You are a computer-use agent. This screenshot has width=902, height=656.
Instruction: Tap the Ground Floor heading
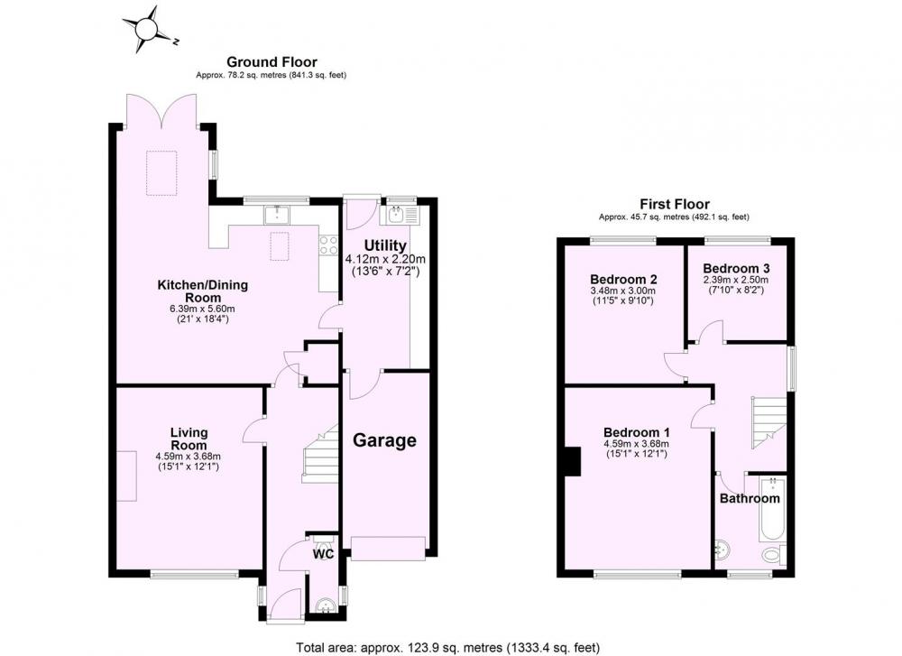coord(272,61)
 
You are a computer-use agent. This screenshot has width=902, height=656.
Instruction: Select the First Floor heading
coord(674,204)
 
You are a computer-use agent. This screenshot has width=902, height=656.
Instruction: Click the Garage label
coord(384,440)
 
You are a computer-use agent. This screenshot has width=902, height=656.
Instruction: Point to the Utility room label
coord(385,245)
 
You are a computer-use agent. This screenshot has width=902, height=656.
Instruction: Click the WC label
coord(323,554)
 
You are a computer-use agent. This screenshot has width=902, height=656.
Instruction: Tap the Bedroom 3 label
coord(736,268)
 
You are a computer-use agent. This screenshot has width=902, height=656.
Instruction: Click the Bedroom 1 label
coord(636,432)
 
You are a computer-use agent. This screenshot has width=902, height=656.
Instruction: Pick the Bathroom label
coord(750,498)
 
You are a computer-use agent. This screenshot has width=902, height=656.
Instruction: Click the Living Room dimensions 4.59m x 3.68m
coord(189,457)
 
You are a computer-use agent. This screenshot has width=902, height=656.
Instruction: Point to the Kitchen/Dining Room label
coord(202,291)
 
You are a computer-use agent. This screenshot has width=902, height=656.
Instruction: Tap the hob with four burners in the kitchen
coord(328,245)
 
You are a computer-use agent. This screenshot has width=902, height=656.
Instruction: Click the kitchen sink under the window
coord(277,215)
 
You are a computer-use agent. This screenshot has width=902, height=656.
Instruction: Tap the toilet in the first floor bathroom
coord(773,555)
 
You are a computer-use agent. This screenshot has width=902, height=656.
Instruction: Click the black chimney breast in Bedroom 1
coord(573,461)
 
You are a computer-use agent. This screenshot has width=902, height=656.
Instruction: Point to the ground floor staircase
coord(320,454)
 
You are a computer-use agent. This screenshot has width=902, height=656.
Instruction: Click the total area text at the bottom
coord(448,648)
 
